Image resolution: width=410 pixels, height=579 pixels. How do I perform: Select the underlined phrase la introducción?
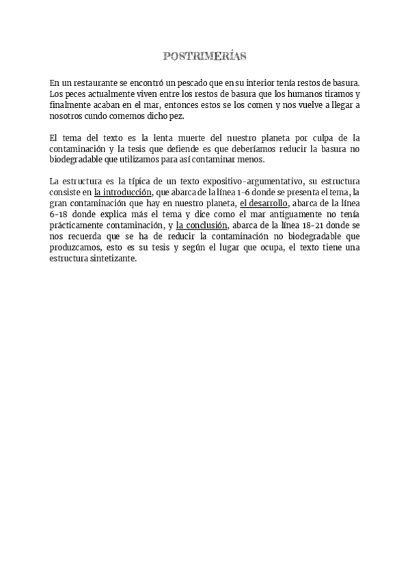point(122,193)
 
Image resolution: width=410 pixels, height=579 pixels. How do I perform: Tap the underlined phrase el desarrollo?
point(263,203)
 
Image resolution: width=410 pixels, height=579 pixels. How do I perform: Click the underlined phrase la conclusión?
point(202,225)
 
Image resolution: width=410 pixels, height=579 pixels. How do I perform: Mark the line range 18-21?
point(314,225)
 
